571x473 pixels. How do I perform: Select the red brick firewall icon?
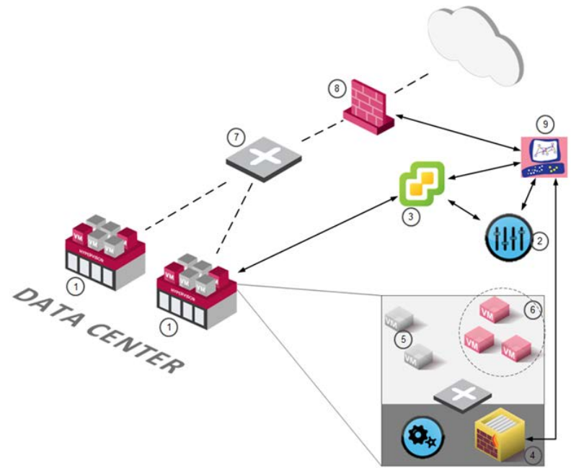pyautogui.click(x=368, y=108)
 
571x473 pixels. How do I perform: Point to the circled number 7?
pyautogui.click(x=233, y=135)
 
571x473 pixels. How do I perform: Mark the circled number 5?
pyautogui.click(x=403, y=336)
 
